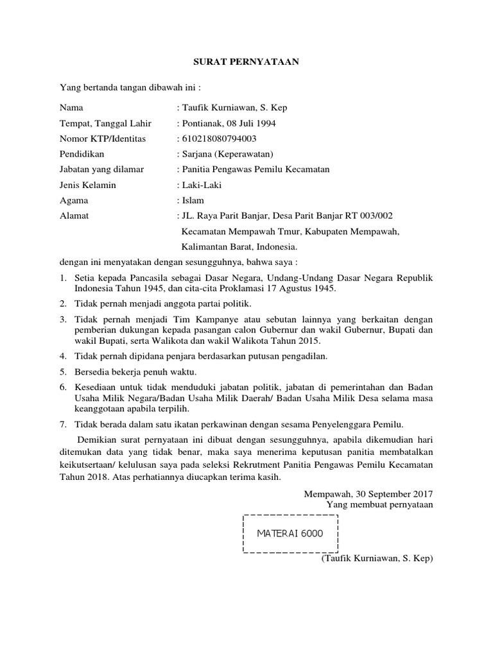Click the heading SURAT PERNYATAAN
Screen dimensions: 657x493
point(247,62)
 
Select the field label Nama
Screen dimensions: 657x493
point(71,108)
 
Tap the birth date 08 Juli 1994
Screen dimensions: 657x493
point(248,123)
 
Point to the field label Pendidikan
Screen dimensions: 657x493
point(82,154)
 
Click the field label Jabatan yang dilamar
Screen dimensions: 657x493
point(101,169)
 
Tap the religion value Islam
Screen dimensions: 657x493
point(193,200)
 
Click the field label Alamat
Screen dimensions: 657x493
point(74,216)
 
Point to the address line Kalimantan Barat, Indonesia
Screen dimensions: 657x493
point(239,246)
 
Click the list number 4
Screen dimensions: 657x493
point(63,355)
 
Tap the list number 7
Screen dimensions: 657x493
point(63,424)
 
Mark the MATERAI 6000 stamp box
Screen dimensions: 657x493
point(290,533)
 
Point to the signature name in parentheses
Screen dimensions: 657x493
point(377,559)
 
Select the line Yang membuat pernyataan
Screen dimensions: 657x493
point(380,504)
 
